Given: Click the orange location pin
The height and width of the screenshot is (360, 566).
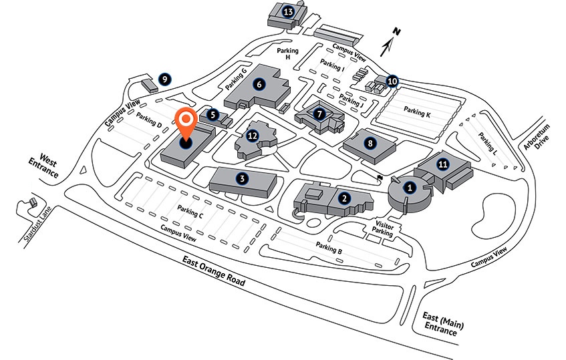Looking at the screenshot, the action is point(186,124).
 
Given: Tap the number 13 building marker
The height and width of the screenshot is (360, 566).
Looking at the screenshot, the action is point(288,12).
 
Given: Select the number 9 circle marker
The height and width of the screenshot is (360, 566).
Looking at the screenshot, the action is point(164,79).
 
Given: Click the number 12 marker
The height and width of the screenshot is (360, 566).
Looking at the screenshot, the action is point(253,136).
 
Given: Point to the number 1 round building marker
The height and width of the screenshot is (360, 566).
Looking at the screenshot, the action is point(410,188).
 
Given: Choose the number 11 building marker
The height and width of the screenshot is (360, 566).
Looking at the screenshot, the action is point(443,164).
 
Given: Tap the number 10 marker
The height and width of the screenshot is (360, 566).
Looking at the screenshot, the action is point(392,81).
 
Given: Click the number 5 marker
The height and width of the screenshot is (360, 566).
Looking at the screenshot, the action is point(213,115).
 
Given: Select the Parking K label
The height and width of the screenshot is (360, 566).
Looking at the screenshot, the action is point(417,112).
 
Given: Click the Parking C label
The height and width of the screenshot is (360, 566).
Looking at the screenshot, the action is point(190,211).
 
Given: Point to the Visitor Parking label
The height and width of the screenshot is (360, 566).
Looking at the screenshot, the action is point(384,228).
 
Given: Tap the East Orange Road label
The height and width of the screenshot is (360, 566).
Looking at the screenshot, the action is point(213,271).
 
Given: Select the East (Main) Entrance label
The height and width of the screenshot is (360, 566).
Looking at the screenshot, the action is point(442,324).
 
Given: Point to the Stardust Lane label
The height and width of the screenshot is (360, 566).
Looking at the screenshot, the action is point(37,224).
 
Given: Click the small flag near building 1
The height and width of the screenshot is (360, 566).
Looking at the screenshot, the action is point(380,178).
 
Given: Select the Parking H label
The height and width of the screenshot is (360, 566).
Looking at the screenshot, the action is point(288,53).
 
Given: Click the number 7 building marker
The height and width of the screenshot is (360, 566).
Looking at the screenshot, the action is point(319,114).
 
